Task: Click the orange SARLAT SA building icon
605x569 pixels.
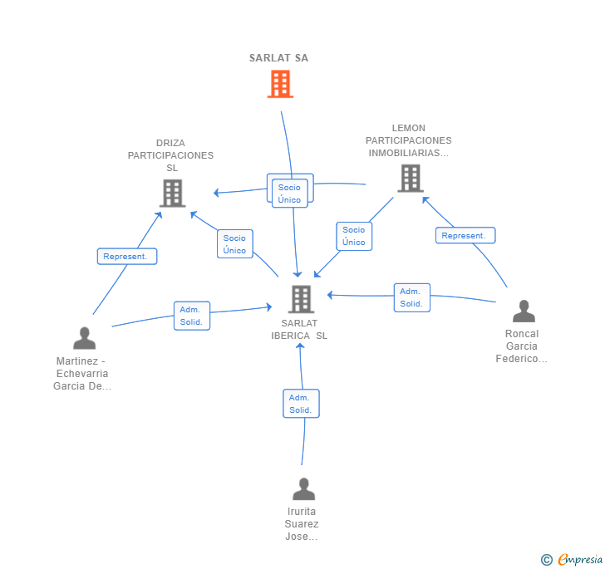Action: point(280,84)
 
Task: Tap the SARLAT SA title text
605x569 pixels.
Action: point(278,58)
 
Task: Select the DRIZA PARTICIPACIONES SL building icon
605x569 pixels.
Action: point(173,194)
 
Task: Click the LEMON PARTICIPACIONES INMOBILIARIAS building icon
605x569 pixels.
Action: point(411,179)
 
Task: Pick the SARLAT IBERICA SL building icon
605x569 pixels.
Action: point(302,299)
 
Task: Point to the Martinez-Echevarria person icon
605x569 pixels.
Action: point(85,338)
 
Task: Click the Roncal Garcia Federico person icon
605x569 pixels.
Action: point(524,311)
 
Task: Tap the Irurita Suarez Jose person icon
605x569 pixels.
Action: point(303,488)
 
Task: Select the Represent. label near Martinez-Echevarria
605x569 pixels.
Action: point(127,256)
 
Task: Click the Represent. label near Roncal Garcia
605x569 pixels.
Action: point(465,235)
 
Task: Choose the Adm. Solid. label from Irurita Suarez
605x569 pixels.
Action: point(301,404)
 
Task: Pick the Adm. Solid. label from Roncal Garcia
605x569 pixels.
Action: point(411,297)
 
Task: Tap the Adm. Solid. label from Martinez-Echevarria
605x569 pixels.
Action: point(192,316)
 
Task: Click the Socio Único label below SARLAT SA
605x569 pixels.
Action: point(290,194)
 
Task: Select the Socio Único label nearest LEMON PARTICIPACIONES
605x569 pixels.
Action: point(354,236)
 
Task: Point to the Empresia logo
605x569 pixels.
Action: point(572,559)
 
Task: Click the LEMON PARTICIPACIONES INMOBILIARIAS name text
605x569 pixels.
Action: point(409,140)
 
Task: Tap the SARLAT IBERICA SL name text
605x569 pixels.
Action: point(299,330)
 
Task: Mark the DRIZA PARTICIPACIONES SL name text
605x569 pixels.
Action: point(170,155)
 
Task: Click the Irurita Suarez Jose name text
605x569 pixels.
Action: point(302,524)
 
